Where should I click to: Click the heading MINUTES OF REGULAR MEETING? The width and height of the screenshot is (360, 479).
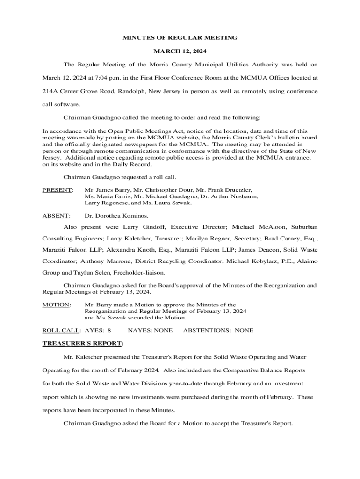coord(180,37)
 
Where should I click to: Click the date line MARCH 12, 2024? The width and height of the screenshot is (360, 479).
coord(180,51)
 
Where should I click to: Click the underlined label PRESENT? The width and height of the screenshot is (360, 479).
coord(58,190)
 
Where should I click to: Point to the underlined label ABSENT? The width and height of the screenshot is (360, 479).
coord(56,216)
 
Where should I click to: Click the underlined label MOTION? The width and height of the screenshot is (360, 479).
coord(56,305)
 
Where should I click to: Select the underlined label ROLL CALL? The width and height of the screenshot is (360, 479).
coord(61,330)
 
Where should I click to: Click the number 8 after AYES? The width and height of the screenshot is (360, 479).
coord(109,330)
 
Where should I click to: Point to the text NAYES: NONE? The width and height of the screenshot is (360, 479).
coord(150,330)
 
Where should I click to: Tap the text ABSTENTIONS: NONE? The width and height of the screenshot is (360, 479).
coord(218,330)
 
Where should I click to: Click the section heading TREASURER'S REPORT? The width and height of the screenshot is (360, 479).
coord(83,344)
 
